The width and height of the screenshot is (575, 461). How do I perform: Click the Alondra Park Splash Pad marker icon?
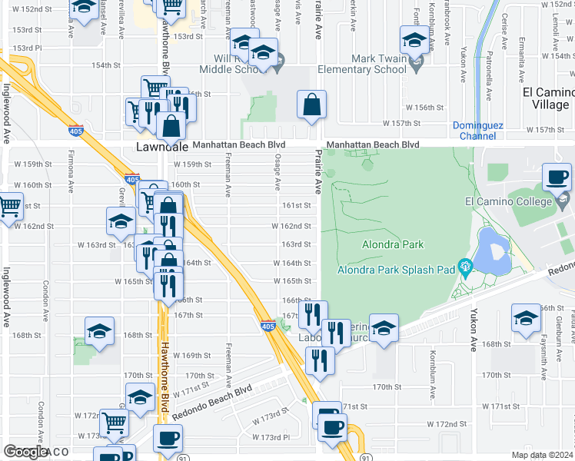(x=464, y=267)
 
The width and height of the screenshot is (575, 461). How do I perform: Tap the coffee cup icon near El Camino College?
(x=557, y=177)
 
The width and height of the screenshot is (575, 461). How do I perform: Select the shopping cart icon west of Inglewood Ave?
(x=10, y=205)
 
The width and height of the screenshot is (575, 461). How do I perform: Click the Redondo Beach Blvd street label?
(x=213, y=403)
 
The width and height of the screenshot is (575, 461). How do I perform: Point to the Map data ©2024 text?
(x=541, y=455)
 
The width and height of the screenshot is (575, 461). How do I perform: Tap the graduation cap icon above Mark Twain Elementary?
(x=414, y=39)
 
